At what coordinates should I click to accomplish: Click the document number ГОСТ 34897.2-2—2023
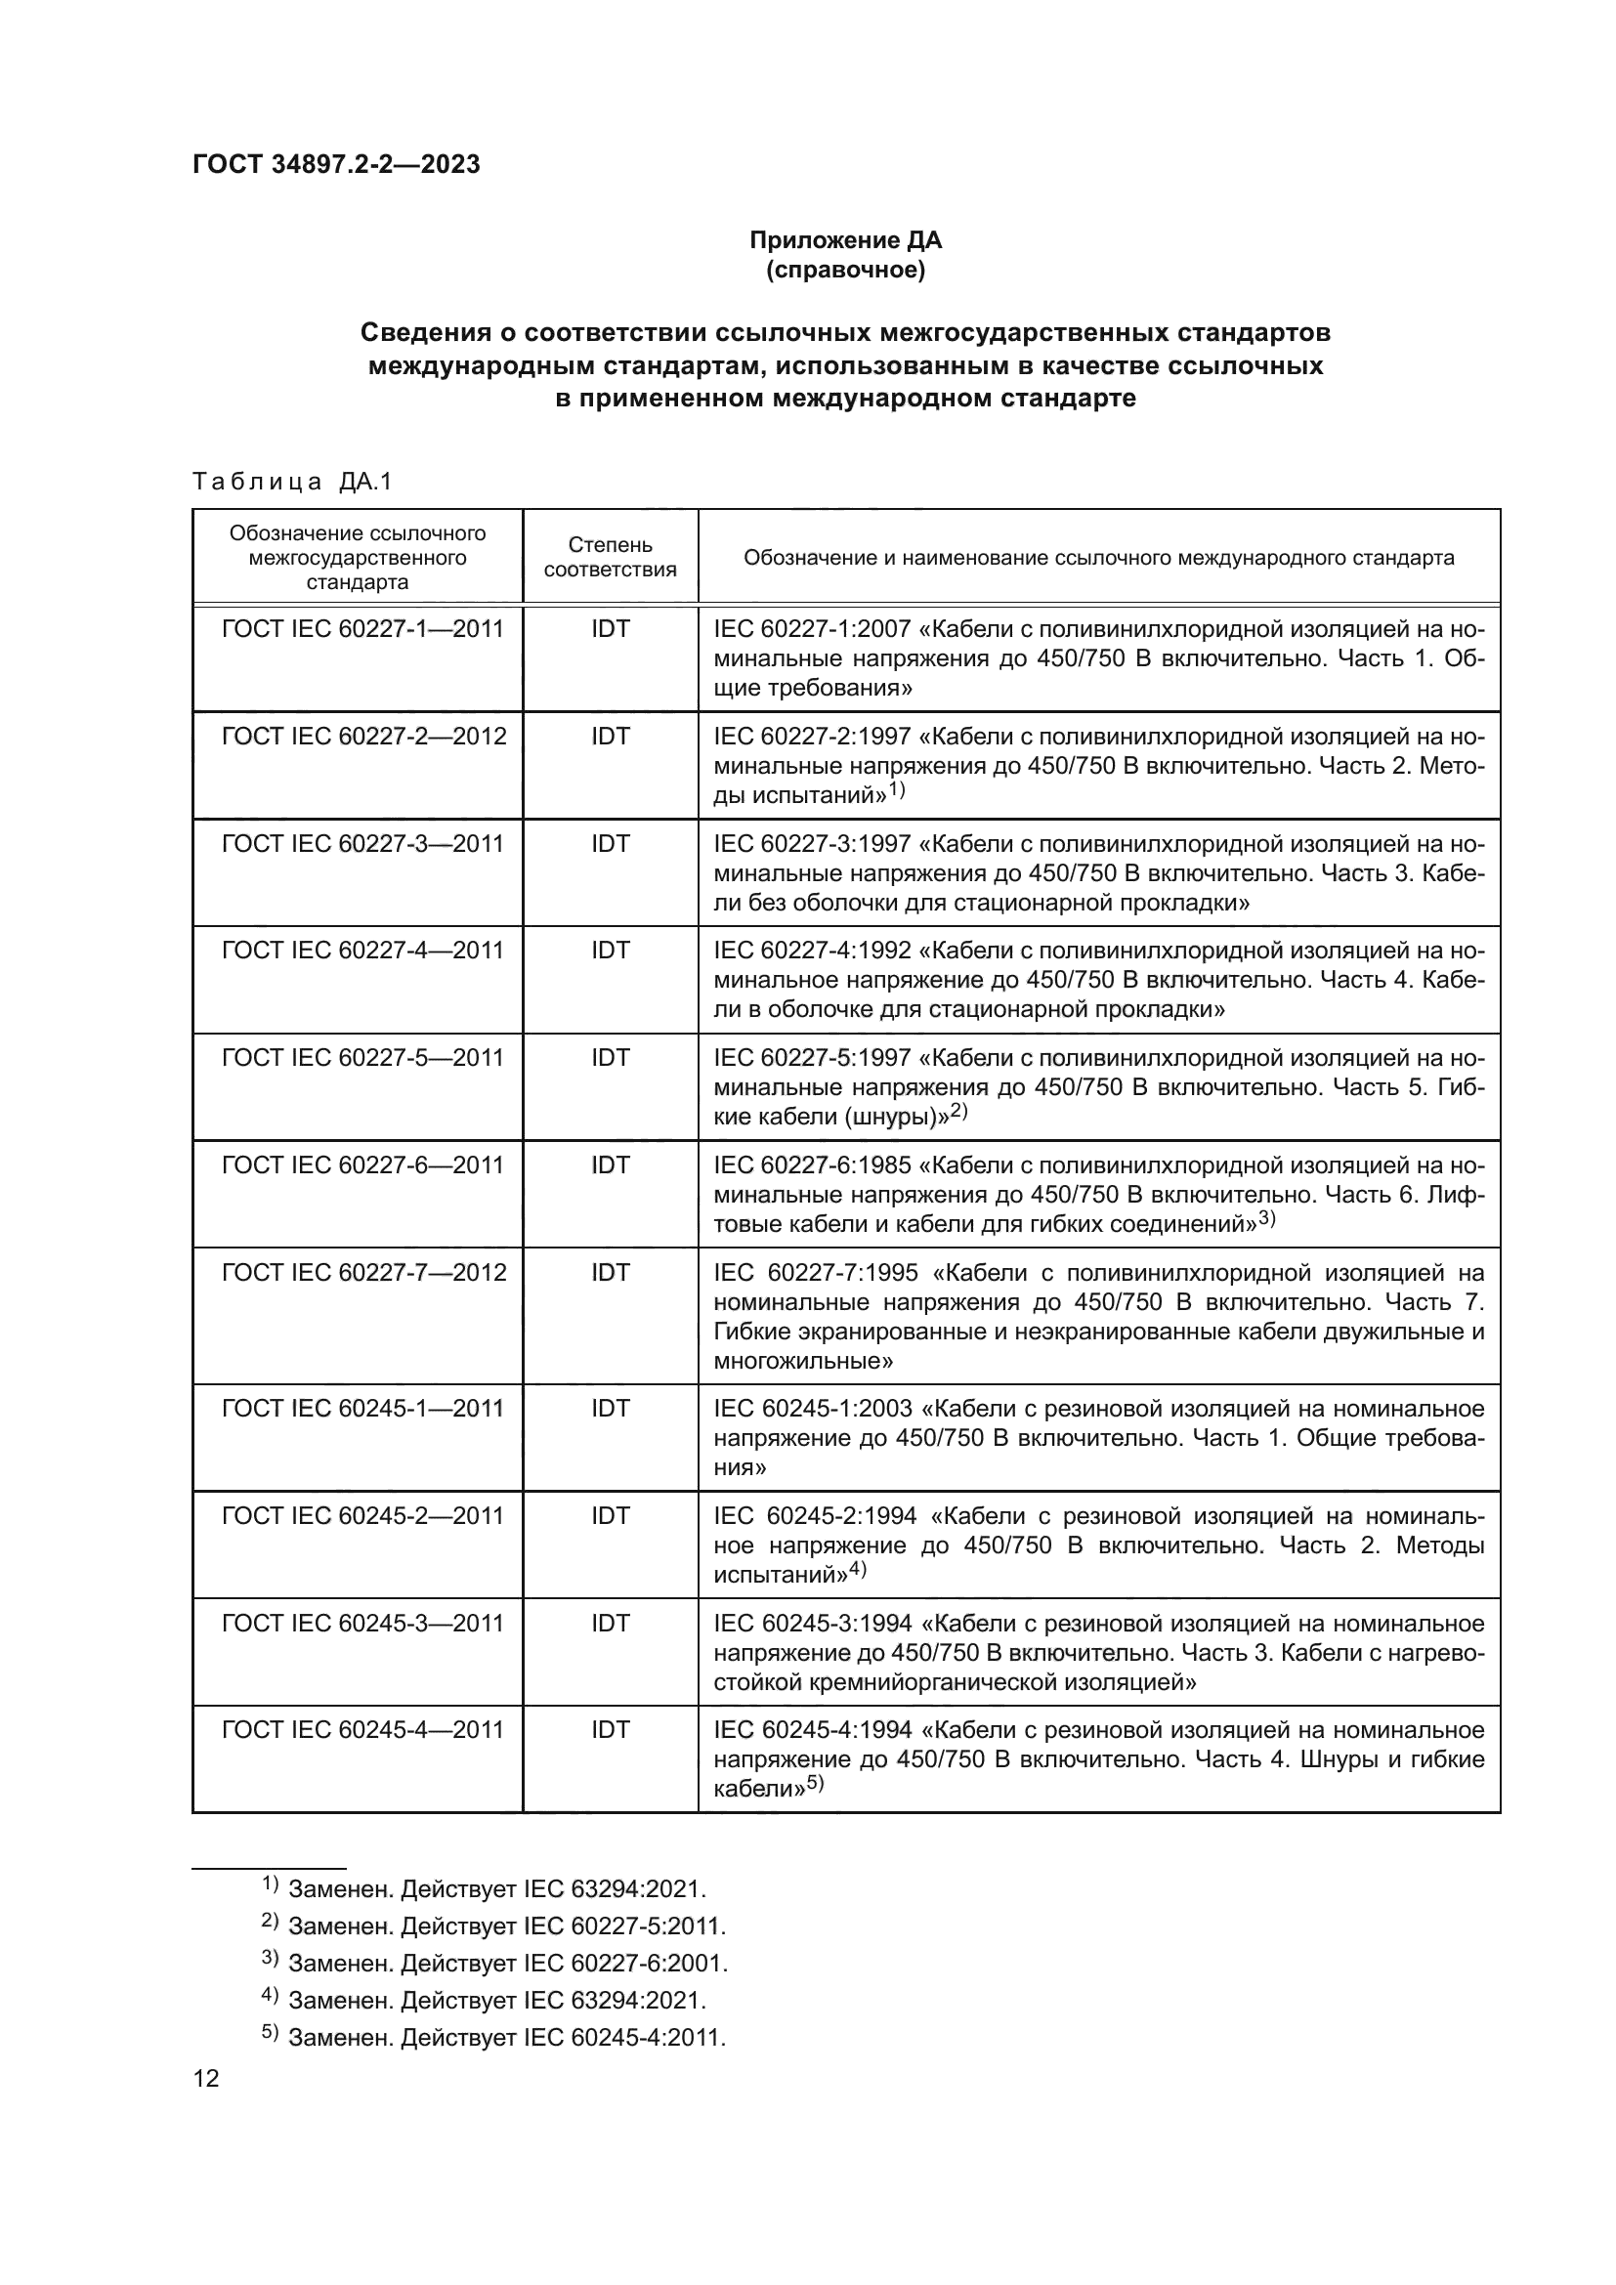coord(336,165)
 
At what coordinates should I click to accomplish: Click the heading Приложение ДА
coord(845,241)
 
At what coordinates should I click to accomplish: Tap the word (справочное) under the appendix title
coord(845,271)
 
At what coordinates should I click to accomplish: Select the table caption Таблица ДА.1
coord(292,483)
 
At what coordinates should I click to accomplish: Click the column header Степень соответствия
coord(610,557)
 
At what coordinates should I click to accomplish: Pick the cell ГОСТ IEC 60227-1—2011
coord(363,629)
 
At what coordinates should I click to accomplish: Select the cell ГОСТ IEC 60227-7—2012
coord(363,1273)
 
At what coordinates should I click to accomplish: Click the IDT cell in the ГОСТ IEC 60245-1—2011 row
coord(610,1409)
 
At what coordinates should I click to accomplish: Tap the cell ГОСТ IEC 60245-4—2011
coord(363,1730)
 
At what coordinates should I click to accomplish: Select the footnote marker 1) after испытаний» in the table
coord(897,791)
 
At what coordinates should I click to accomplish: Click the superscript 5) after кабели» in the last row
coord(816,1785)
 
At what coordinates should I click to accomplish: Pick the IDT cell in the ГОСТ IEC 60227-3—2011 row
coord(610,844)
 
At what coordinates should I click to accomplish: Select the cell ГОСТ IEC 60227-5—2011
coord(363,1058)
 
